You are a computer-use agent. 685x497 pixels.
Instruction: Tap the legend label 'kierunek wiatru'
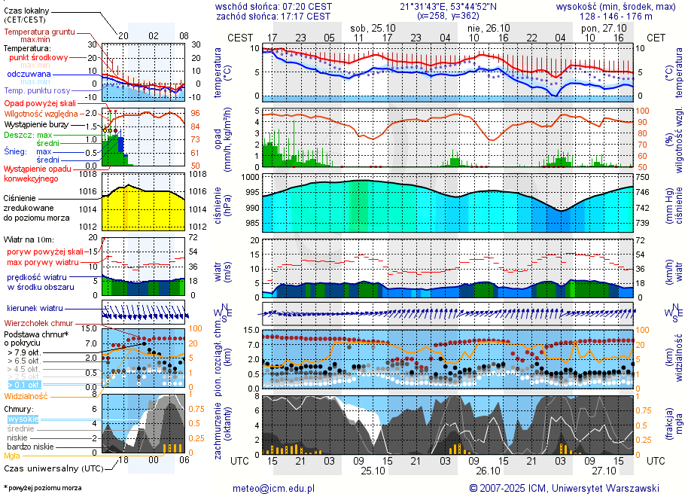tap(35, 309)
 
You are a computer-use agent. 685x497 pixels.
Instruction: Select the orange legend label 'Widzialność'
tap(26, 395)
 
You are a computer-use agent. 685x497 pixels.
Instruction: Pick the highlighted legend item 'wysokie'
tap(23, 419)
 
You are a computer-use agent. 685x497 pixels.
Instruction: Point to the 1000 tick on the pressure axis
tap(251, 176)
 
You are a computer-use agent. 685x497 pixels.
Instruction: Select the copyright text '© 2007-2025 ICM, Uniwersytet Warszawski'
tap(565, 488)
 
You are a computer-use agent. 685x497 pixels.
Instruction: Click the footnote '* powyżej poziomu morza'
tap(42, 488)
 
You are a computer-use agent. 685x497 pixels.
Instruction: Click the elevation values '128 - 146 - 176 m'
tap(616, 16)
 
